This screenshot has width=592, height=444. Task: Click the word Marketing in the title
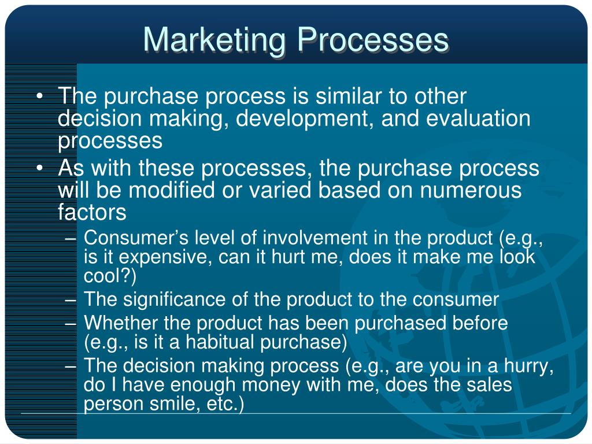click(x=214, y=40)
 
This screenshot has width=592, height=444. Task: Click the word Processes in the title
click(x=373, y=39)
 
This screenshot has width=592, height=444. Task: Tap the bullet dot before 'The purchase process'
click(x=40, y=97)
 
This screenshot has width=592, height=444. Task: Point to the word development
click(x=302, y=119)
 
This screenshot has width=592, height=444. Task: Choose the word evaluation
click(x=478, y=118)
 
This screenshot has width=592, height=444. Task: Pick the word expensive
click(x=163, y=258)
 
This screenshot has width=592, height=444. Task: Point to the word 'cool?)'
click(x=110, y=276)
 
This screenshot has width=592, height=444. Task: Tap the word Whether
click(x=121, y=323)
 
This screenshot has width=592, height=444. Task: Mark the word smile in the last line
click(x=175, y=404)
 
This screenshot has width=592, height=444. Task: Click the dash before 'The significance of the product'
click(x=71, y=301)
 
